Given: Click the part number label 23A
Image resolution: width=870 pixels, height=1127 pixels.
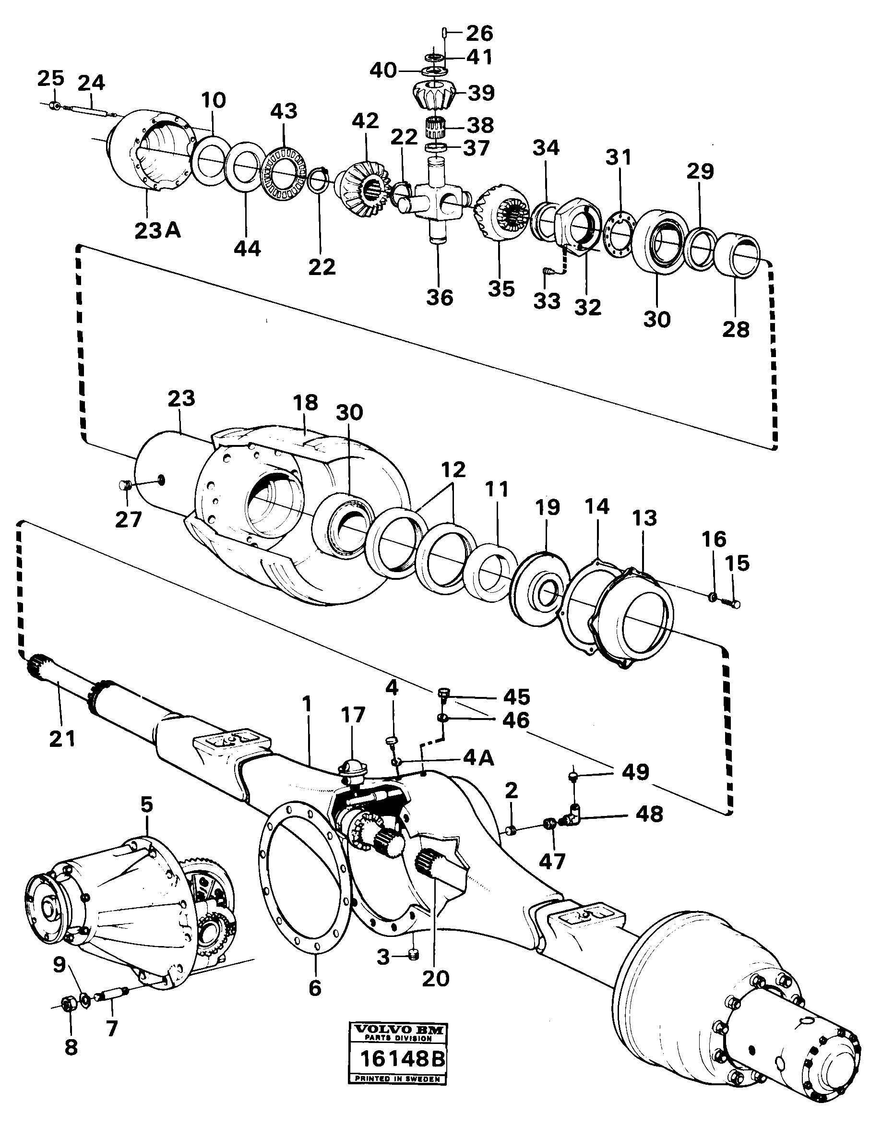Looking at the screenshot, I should pyautogui.click(x=157, y=231).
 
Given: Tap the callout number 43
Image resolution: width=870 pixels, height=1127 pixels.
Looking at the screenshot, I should pyautogui.click(x=284, y=111).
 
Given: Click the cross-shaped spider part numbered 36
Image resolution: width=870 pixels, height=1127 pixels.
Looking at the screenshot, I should pyautogui.click(x=437, y=201).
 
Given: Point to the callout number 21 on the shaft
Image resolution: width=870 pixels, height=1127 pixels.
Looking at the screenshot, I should pyautogui.click(x=62, y=738).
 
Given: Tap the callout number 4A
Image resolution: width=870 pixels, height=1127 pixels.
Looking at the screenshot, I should pyautogui.click(x=477, y=758).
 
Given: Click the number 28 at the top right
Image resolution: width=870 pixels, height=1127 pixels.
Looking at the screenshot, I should pyautogui.click(x=735, y=329).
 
